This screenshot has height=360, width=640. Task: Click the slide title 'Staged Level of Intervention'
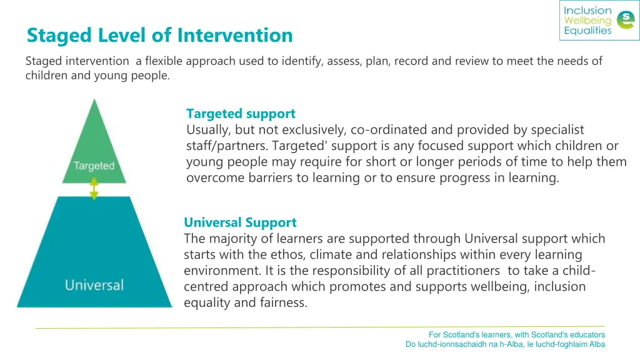[x=159, y=35]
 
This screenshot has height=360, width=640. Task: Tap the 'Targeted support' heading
[x=241, y=114]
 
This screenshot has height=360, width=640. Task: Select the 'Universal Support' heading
[x=240, y=222]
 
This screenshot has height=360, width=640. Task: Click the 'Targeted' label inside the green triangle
[x=94, y=166]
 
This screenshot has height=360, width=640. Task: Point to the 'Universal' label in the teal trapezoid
[x=94, y=286]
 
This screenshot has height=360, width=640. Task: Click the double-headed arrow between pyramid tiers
[x=94, y=188]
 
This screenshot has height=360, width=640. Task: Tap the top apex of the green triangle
[x=94, y=101]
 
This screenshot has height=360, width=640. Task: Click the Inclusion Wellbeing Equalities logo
[x=599, y=21]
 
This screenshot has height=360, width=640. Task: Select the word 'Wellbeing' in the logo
[x=587, y=21]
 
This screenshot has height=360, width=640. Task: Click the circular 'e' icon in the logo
[x=624, y=21]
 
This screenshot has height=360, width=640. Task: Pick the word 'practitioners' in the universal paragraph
[x=463, y=271]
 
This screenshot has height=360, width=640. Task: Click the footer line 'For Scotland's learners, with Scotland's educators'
[x=516, y=335]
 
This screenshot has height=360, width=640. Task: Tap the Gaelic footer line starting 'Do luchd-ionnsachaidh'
[x=505, y=344]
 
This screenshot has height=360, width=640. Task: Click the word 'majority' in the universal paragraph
[x=232, y=239]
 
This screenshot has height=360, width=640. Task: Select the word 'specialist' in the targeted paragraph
[x=557, y=130]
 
